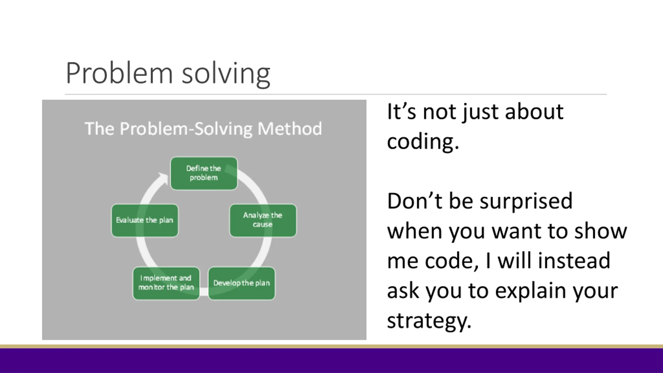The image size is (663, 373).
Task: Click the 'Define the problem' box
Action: [204, 173]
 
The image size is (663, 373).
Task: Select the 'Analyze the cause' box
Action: [263, 220]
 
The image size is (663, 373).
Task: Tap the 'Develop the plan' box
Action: [242, 283]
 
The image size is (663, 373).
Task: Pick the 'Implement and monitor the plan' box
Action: [166, 283]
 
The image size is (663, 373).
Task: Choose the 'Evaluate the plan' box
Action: [145, 220]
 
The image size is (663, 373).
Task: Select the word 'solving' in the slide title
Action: [226, 74]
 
